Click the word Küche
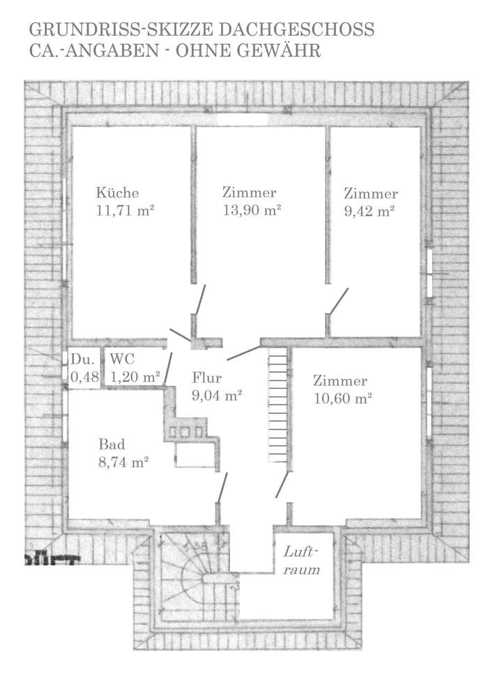[118, 193]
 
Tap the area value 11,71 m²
[125, 210]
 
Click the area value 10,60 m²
[342, 399]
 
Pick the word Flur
[206, 378]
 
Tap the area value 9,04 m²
[216, 395]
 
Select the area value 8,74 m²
[124, 461]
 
